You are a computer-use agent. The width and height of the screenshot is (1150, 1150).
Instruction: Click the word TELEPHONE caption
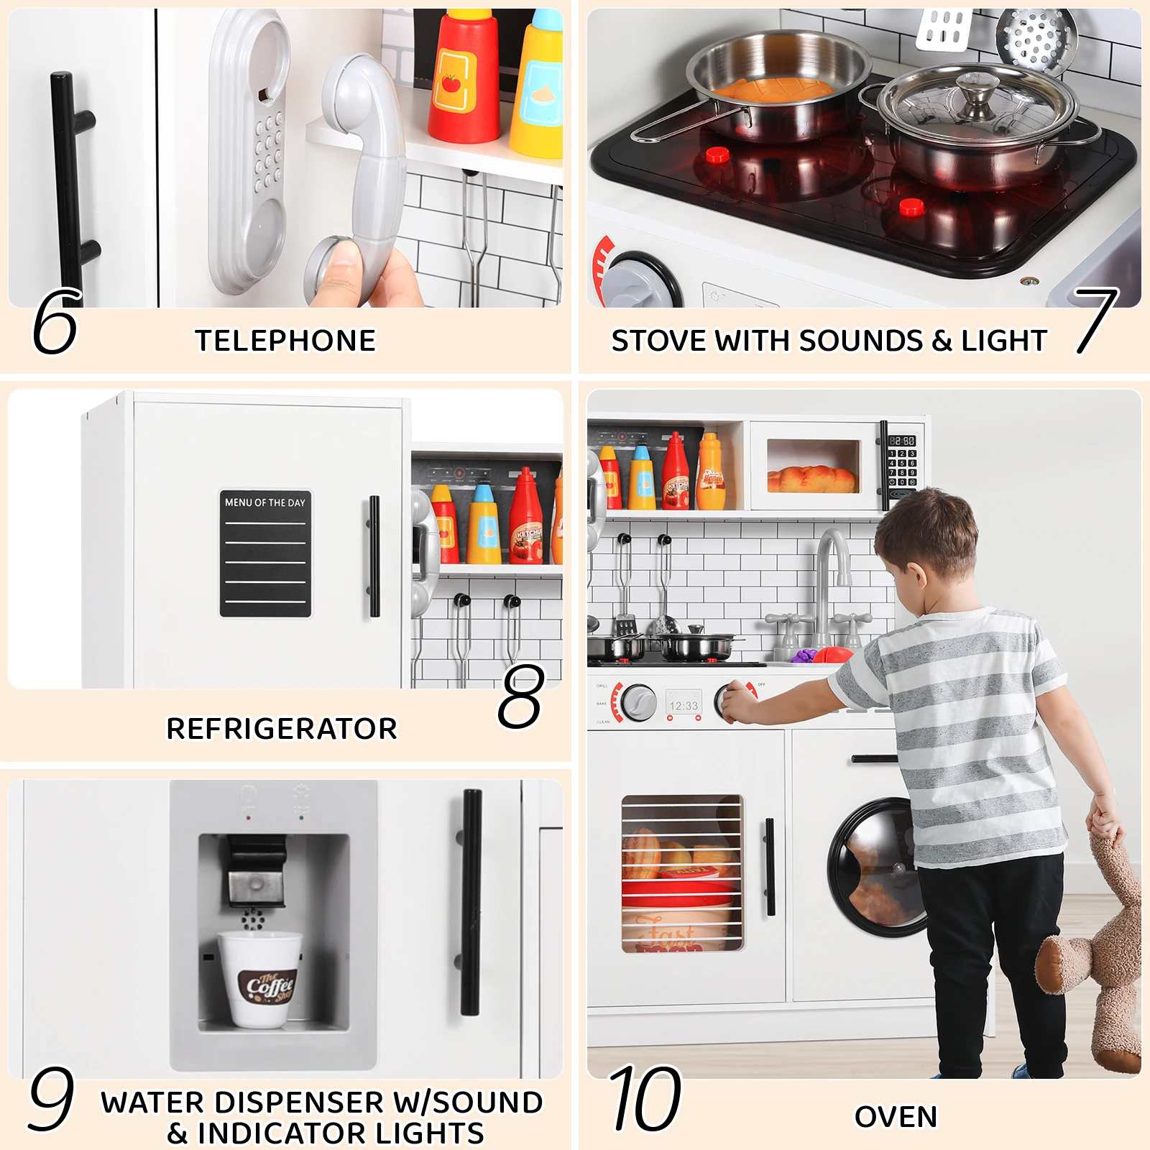pyautogui.click(x=285, y=341)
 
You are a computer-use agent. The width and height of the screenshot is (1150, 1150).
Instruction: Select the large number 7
pyautogui.click(x=1097, y=321)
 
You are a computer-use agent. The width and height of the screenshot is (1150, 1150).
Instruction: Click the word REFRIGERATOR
pyautogui.click(x=282, y=729)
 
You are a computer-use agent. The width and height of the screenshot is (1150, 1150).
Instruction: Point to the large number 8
pyautogui.click(x=520, y=696)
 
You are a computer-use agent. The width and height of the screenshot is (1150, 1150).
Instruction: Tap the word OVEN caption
pyautogui.click(x=896, y=1117)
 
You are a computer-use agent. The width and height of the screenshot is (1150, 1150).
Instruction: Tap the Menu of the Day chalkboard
pyautogui.click(x=265, y=554)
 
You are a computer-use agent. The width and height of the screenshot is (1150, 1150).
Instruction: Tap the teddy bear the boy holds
pyautogui.click(x=1100, y=956)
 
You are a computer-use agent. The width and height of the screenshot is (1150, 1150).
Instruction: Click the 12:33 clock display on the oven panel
pyautogui.click(x=683, y=706)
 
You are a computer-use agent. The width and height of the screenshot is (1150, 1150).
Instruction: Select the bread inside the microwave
pyautogui.click(x=812, y=478)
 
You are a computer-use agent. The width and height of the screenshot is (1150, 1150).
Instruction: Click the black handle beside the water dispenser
pyautogui.click(x=471, y=902)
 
